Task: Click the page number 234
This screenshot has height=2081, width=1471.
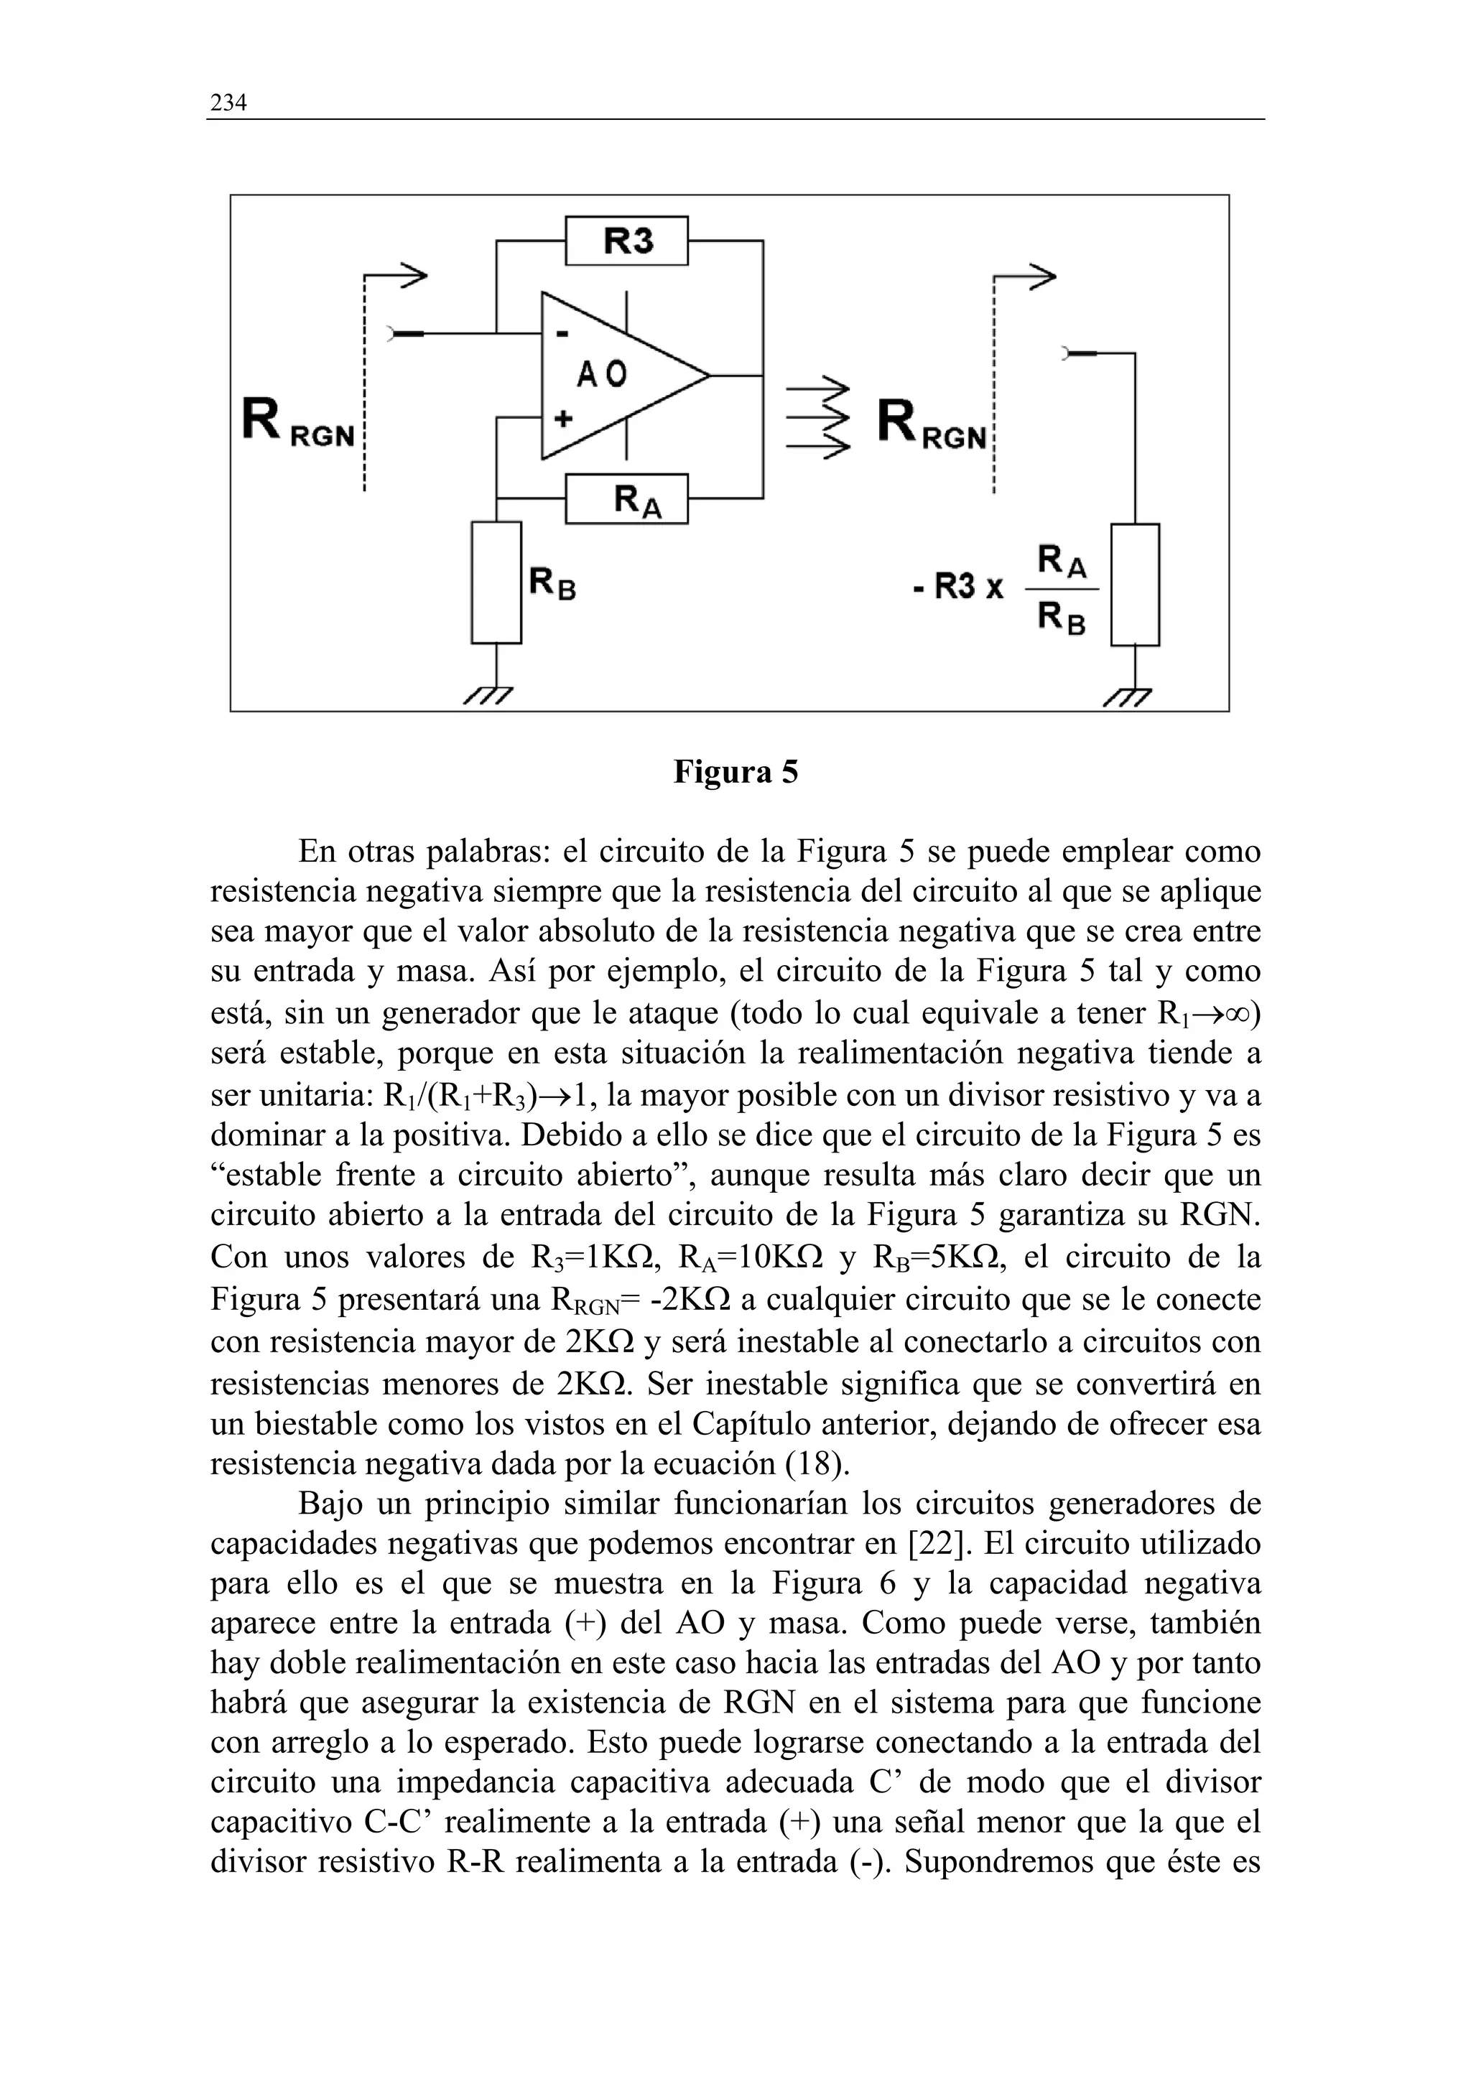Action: click(228, 103)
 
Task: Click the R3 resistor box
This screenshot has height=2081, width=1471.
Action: click(626, 240)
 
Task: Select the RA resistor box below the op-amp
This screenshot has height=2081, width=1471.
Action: click(626, 498)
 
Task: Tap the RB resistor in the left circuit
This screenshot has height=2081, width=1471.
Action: click(496, 582)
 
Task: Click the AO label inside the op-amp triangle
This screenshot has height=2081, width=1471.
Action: click(602, 373)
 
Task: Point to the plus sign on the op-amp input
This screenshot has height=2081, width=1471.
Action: click(563, 418)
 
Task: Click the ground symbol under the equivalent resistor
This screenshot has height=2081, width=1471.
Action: click(1129, 696)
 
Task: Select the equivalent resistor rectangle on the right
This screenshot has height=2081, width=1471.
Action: click(1135, 585)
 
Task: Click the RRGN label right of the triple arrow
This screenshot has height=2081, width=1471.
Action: click(932, 424)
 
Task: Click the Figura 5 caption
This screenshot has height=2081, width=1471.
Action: click(735, 771)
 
